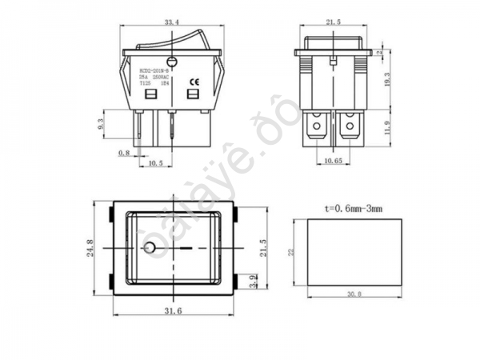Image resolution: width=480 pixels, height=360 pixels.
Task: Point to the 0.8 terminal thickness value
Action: [123, 152]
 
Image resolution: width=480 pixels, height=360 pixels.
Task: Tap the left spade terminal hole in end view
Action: [318, 126]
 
